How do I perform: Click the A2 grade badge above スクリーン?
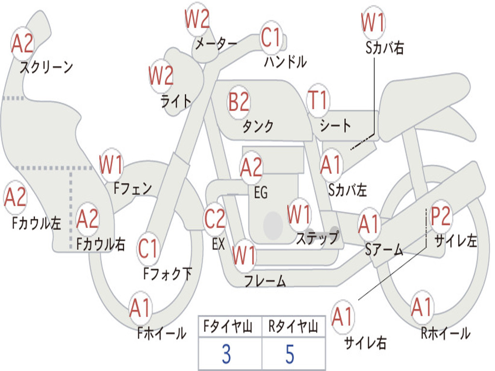click(x=22, y=44)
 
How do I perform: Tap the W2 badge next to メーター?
click(x=197, y=20)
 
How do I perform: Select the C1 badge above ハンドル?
click(x=271, y=37)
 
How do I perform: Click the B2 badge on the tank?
click(x=239, y=102)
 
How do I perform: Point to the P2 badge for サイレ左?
click(x=441, y=217)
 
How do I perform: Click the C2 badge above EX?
click(x=215, y=219)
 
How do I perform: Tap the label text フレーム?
click(x=265, y=281)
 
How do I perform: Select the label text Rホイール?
click(x=445, y=333)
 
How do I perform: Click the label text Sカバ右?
click(x=385, y=48)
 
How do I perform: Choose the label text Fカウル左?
click(x=37, y=223)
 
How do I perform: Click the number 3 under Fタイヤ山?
click(x=226, y=354)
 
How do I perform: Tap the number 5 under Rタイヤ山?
click(x=290, y=354)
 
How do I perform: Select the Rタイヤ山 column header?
click(x=293, y=328)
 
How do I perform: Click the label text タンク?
click(x=258, y=126)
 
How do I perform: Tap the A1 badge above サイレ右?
click(x=343, y=317)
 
